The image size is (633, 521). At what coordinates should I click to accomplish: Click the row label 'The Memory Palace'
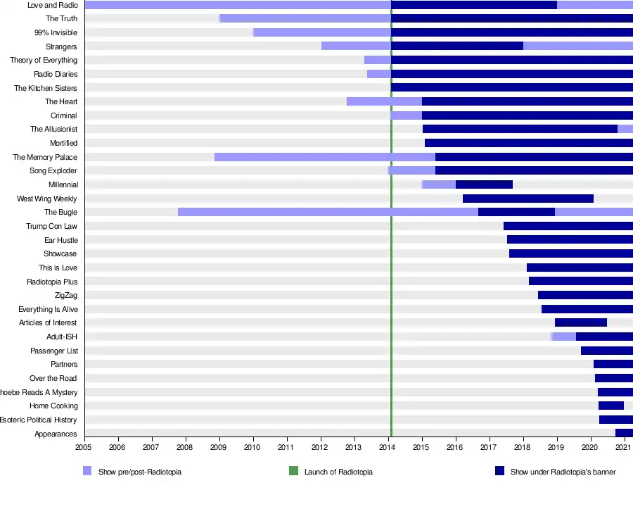pyautogui.click(x=45, y=157)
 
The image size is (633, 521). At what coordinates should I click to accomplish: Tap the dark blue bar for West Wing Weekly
pyautogui.click(x=528, y=199)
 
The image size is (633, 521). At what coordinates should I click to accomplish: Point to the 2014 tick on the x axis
pyautogui.click(x=388, y=446)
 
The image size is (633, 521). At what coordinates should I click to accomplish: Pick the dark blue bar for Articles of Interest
pyautogui.click(x=581, y=322)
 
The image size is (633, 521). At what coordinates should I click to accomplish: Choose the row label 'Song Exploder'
pyautogui.click(x=53, y=171)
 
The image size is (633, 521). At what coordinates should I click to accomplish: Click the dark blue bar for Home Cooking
pyautogui.click(x=611, y=406)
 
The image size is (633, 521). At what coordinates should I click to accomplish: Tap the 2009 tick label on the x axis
pyautogui.click(x=219, y=446)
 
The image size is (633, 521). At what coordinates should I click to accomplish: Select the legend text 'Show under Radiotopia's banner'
pyautogui.click(x=563, y=472)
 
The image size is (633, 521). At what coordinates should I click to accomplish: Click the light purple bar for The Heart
pyautogui.click(x=384, y=101)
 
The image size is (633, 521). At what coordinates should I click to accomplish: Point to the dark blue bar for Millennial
pyautogui.click(x=484, y=184)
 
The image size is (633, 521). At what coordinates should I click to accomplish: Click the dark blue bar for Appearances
pyautogui.click(x=624, y=433)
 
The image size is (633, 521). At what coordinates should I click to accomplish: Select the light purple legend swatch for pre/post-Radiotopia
pyautogui.click(x=87, y=472)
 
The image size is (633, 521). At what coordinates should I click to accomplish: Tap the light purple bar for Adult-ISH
pyautogui.click(x=564, y=337)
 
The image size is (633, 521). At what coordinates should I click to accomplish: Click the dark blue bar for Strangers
pyautogui.click(x=457, y=46)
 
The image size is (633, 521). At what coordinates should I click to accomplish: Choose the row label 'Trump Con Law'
pyautogui.click(x=51, y=226)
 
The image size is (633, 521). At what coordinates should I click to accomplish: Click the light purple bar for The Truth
pyautogui.click(x=305, y=18)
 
